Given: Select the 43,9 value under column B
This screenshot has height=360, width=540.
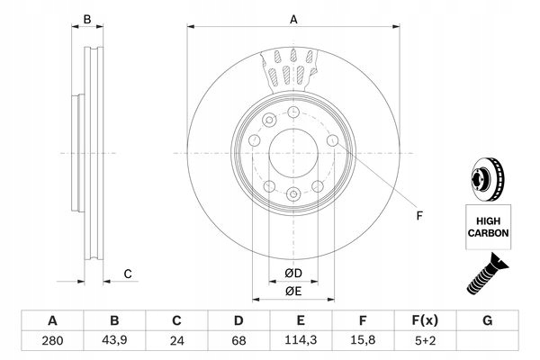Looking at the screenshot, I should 114,341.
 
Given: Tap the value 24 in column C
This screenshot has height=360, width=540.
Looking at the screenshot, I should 176,341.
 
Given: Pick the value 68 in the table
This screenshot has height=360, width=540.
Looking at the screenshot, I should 238,341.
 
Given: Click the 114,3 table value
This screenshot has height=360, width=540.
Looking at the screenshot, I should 301,341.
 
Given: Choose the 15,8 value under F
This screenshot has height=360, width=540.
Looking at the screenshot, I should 363,341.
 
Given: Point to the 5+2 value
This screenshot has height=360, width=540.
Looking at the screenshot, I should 425,341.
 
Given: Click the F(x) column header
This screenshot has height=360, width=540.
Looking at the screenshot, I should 425,320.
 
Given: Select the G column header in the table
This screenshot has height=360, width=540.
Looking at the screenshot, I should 487,320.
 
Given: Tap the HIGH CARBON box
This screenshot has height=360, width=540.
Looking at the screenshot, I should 488,225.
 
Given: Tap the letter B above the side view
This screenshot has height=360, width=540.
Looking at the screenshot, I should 87,19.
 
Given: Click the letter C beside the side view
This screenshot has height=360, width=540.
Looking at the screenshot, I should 128,274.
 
